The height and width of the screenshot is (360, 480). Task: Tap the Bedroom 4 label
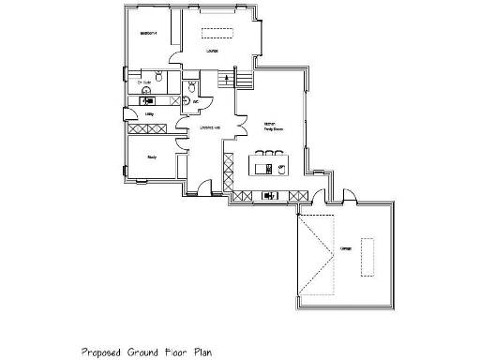pos(147,34)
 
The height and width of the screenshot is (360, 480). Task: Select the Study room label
pos(151,157)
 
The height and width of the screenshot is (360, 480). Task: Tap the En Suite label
pos(143,82)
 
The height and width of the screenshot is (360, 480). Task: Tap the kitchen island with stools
pos(269,168)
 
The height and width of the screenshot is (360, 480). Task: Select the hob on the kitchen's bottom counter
pos(270,195)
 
